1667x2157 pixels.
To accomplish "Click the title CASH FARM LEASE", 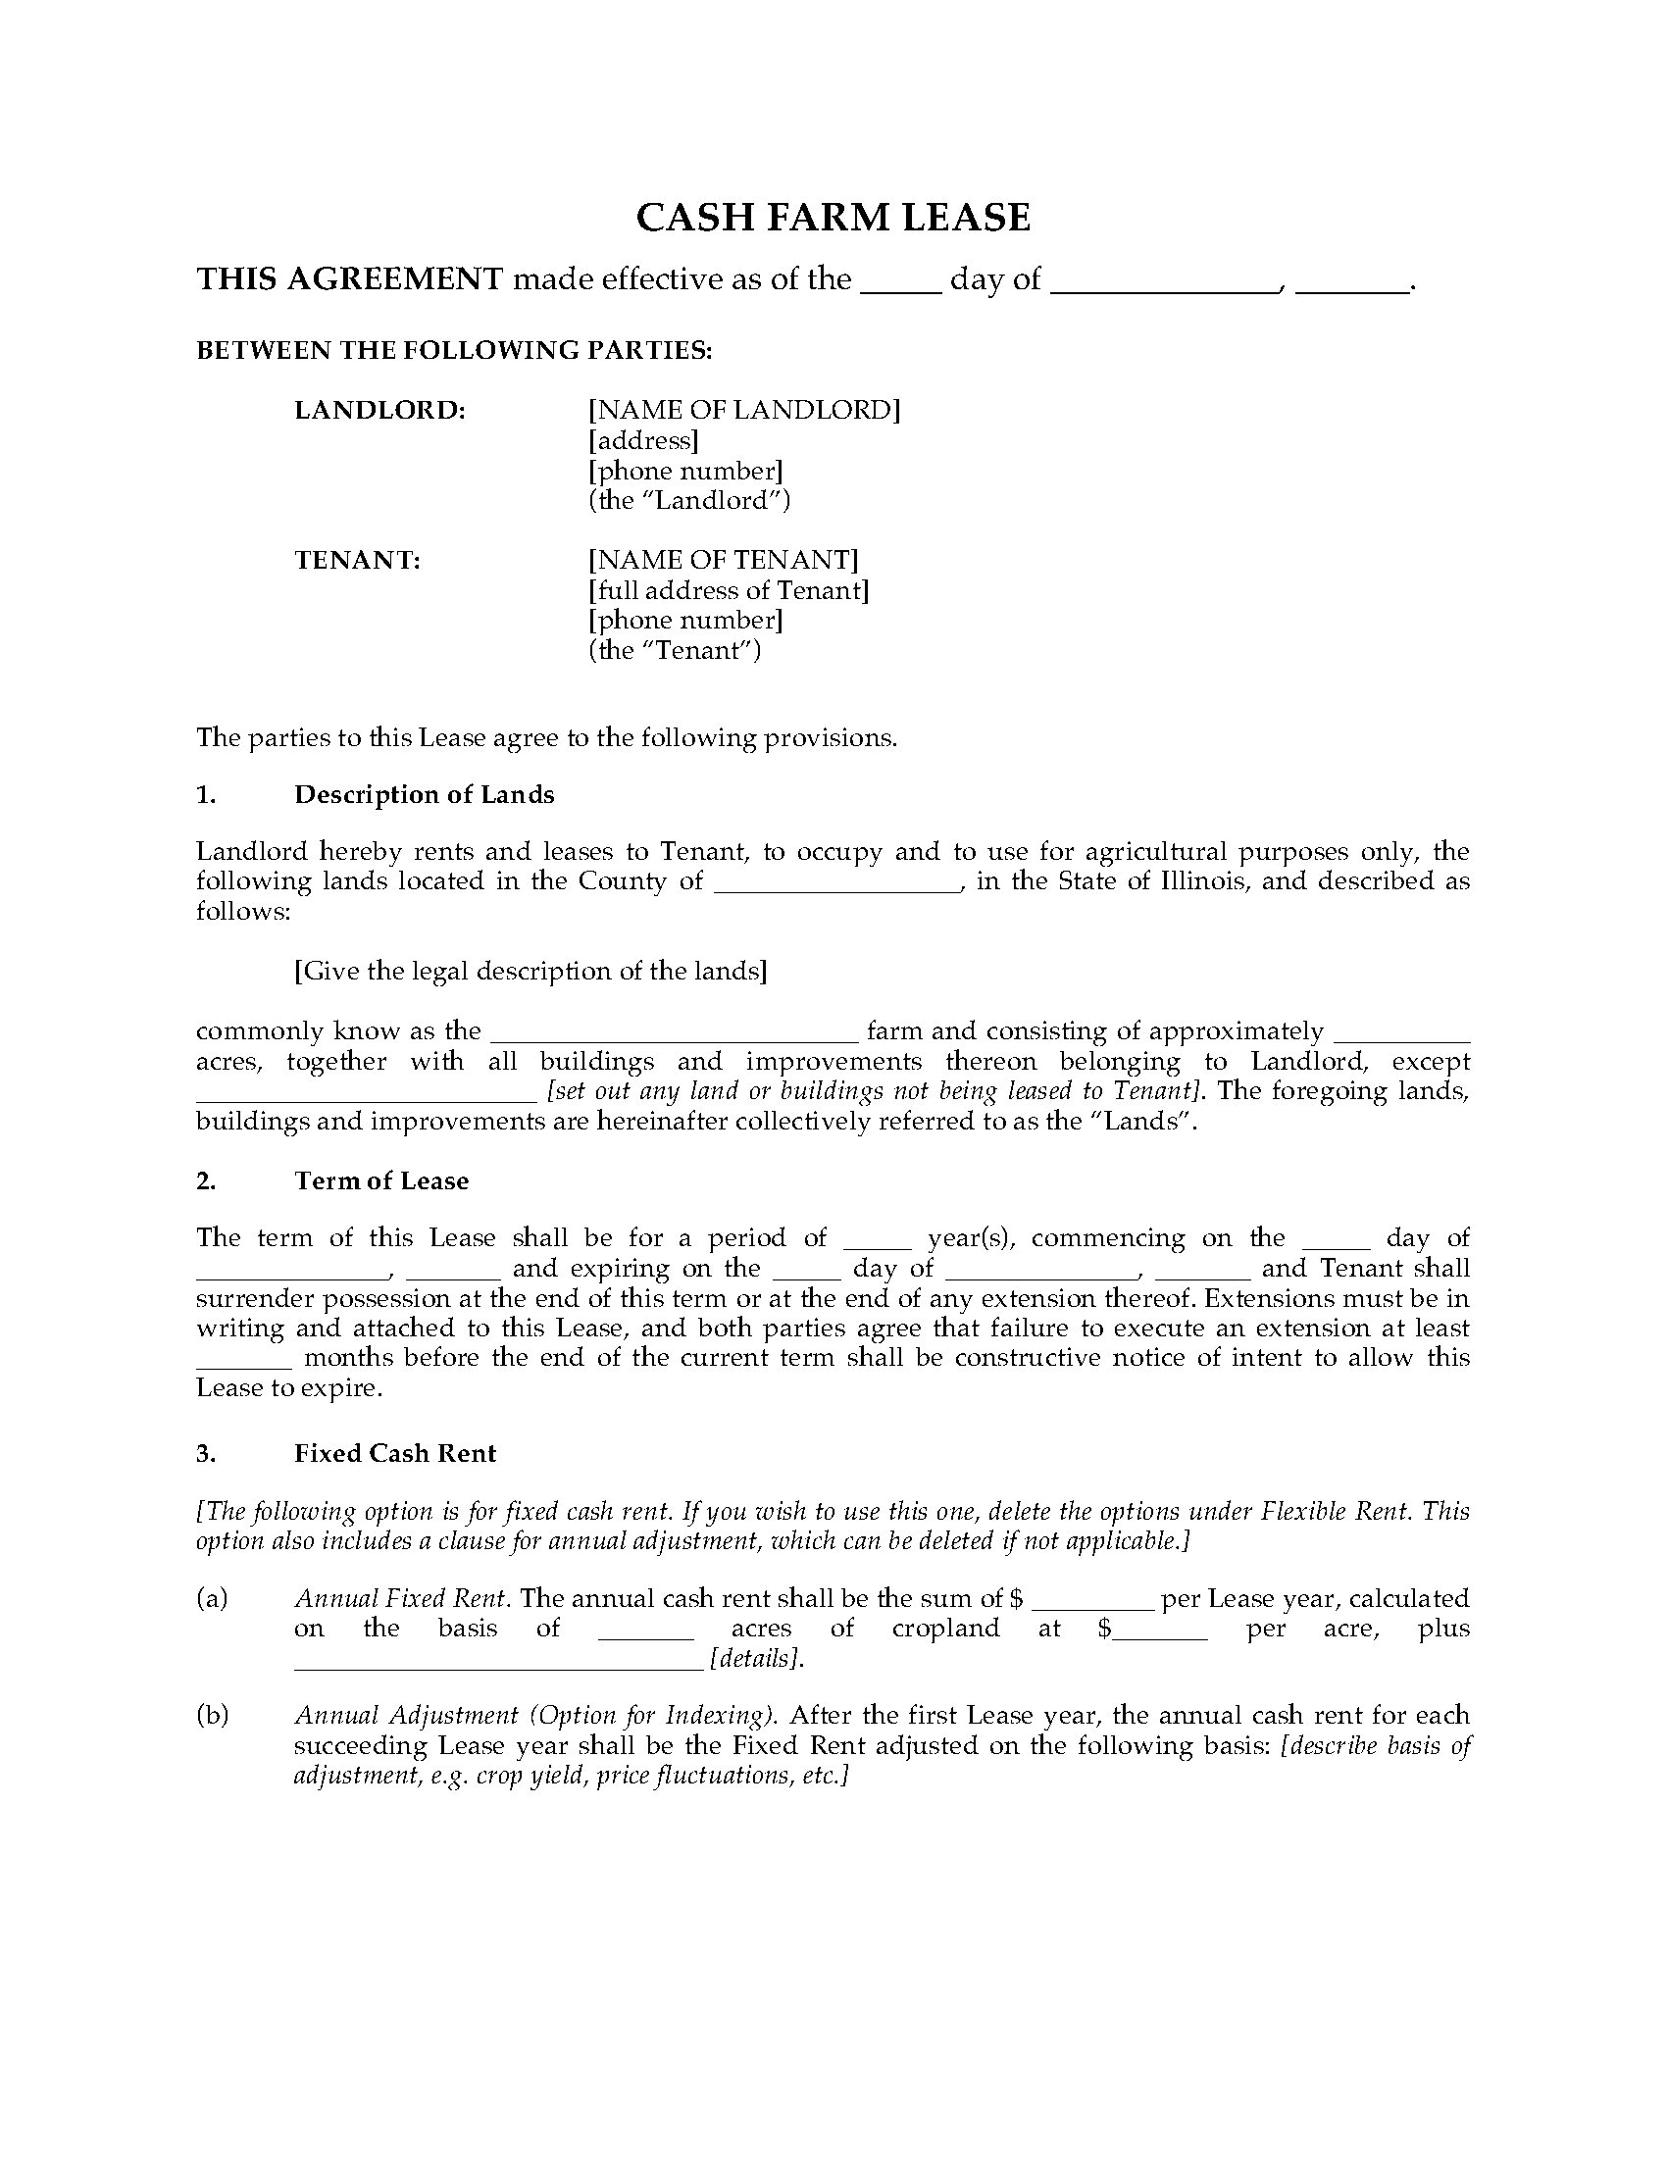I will tap(833, 218).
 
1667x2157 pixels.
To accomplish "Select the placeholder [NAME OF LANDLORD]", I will tap(743, 409).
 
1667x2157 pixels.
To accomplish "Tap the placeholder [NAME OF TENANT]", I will tap(723, 560).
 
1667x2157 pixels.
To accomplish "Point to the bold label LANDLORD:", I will tap(380, 409).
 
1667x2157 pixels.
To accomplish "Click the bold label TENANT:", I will tap(358, 560).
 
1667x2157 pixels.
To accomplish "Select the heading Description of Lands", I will tap(424, 795).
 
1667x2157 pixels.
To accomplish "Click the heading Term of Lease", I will tap(381, 1181).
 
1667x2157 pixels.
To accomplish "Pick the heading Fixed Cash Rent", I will tap(395, 1453).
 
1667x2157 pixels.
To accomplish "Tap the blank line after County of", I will tap(836, 883).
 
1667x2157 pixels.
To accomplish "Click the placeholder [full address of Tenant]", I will tap(729, 590).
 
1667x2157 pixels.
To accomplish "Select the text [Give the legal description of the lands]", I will tap(530, 971).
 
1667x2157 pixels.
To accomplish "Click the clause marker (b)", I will tap(212, 1716).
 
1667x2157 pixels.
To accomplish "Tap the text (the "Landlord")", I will tap(689, 500).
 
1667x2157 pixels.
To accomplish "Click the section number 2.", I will tap(205, 1181).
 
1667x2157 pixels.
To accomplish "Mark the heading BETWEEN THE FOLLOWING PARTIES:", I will tap(454, 351).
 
